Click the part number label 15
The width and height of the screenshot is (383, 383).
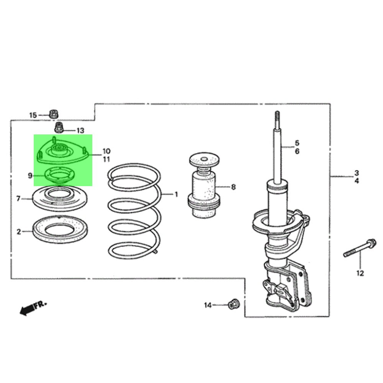33,115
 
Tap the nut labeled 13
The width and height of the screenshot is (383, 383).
59,127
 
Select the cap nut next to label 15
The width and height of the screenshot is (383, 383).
54,114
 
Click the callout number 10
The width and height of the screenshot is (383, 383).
106,151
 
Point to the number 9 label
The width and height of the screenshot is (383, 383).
30,175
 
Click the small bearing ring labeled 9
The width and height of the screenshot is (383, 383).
59,176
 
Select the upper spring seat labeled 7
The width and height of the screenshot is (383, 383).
59,198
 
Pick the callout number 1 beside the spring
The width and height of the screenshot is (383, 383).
176,195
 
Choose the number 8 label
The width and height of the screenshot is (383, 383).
233,187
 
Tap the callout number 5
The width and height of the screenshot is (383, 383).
297,143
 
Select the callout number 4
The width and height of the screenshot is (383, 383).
357,181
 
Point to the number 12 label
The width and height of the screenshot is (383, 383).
360,273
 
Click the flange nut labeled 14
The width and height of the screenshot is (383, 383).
232,304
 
